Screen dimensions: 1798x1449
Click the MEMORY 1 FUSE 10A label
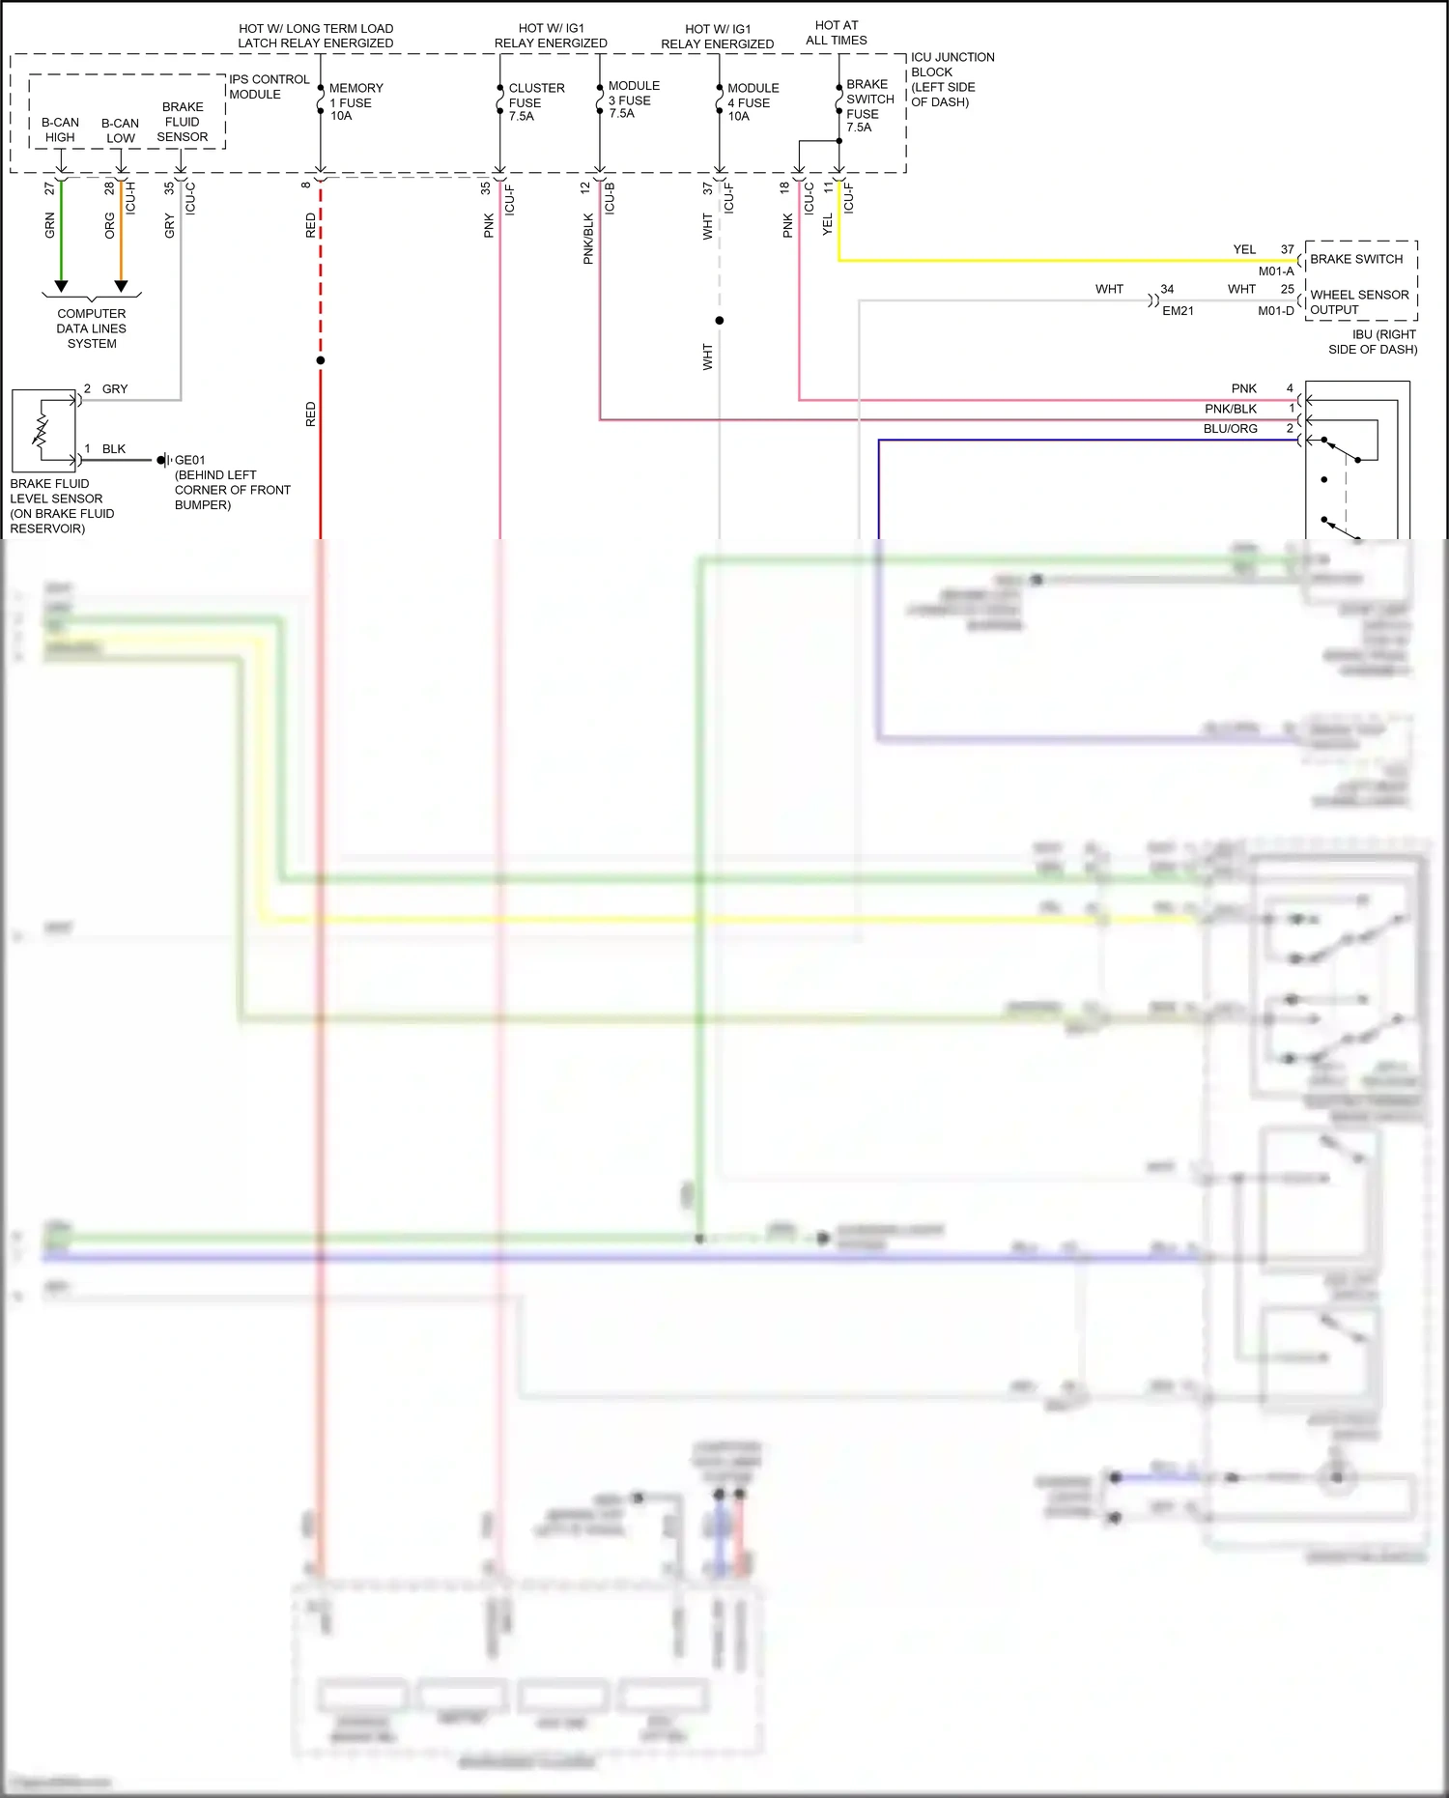(355, 101)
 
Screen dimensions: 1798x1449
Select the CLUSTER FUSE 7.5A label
(535, 101)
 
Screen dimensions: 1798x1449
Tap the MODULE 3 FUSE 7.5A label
(633, 100)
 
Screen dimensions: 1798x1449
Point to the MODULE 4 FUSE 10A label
(752, 101)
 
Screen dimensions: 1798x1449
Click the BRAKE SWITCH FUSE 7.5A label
(868, 105)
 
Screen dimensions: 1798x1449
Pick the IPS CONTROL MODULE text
(269, 87)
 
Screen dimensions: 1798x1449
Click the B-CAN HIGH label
(60, 129)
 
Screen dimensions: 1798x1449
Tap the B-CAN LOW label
(120, 130)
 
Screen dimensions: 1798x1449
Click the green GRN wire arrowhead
(61, 286)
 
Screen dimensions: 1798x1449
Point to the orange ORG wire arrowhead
(121, 286)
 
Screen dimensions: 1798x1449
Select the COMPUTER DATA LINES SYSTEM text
(92, 328)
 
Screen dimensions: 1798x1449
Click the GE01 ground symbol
(163, 460)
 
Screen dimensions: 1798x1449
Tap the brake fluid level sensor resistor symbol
(42, 430)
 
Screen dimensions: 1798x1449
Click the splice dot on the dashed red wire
(321, 360)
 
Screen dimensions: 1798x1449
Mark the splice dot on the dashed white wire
(720, 321)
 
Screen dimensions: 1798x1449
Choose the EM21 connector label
(1178, 311)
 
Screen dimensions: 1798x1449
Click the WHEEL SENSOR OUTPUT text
(1358, 302)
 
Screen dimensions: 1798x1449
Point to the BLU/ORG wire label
(1230, 429)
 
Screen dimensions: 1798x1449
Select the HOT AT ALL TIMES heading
(837, 33)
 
